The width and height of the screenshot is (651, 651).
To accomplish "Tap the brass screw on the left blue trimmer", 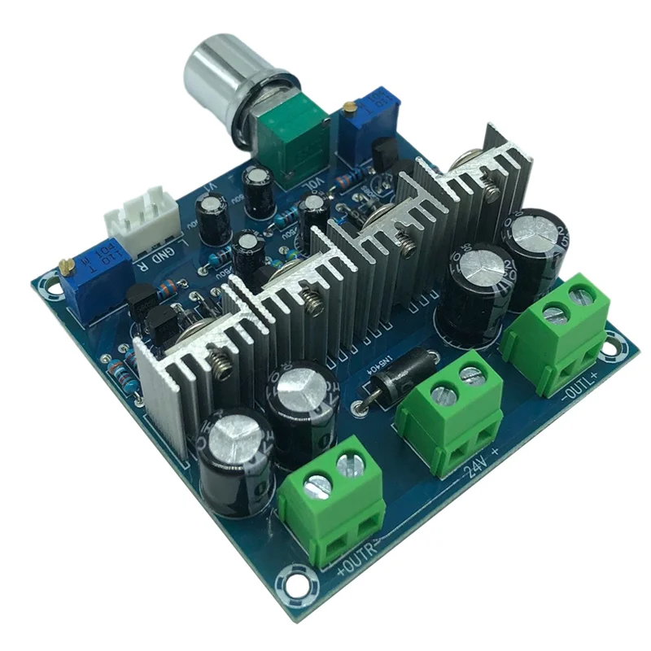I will (x=63, y=265).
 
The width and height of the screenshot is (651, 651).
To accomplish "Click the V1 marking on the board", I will (x=207, y=190).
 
